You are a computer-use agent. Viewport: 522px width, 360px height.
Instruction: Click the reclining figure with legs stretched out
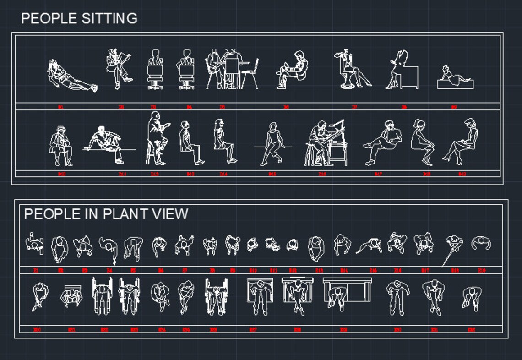click(x=71, y=77)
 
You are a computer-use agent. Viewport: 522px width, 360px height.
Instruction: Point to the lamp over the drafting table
click(x=339, y=124)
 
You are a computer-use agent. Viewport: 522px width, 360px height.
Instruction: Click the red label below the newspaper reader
click(x=121, y=107)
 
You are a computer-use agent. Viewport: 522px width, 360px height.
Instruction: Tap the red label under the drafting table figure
click(x=322, y=174)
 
